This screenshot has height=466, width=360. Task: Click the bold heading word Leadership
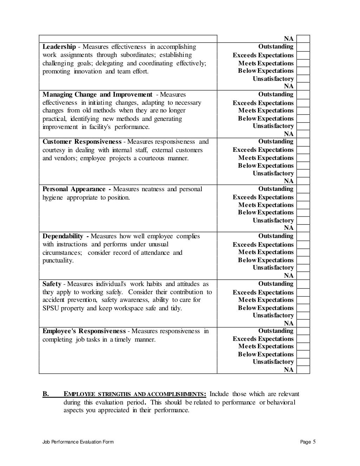(59, 47)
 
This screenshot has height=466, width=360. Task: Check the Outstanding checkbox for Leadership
(303, 47)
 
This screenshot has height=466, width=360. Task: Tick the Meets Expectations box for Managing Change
(303, 111)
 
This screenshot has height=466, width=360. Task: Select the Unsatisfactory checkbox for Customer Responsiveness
(303, 174)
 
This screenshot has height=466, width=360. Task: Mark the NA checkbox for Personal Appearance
(303, 228)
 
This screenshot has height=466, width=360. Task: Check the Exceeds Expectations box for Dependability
(303, 245)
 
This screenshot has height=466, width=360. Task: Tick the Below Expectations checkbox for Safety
(303, 308)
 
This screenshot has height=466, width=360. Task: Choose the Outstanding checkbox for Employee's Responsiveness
(303, 331)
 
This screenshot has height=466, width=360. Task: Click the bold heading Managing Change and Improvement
(97, 95)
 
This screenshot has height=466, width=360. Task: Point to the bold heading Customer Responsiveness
(82, 142)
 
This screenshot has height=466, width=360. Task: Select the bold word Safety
(52, 284)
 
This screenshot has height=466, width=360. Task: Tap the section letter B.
(46, 394)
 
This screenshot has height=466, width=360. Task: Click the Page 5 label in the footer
(308, 442)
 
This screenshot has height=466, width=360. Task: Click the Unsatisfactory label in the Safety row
(273, 316)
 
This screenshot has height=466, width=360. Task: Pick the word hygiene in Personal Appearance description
(53, 198)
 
